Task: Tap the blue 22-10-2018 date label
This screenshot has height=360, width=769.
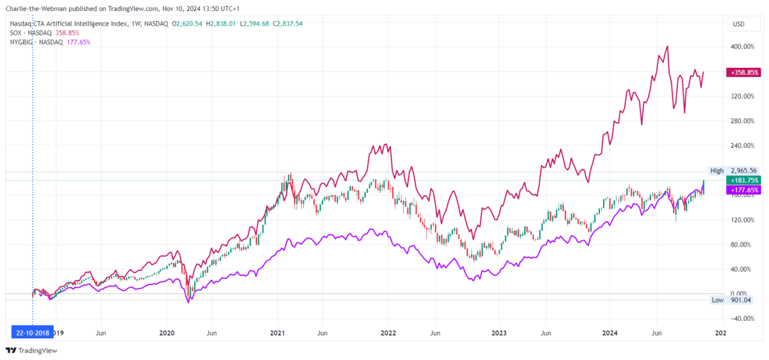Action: coord(32,332)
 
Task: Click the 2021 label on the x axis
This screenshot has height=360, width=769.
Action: coord(277,333)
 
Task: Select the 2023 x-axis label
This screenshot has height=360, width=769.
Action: coord(499,333)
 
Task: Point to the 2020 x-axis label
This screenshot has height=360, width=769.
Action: coord(167,333)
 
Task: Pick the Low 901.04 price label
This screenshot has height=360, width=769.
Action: coord(733,300)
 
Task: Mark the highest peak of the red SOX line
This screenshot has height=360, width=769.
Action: coord(668,46)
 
